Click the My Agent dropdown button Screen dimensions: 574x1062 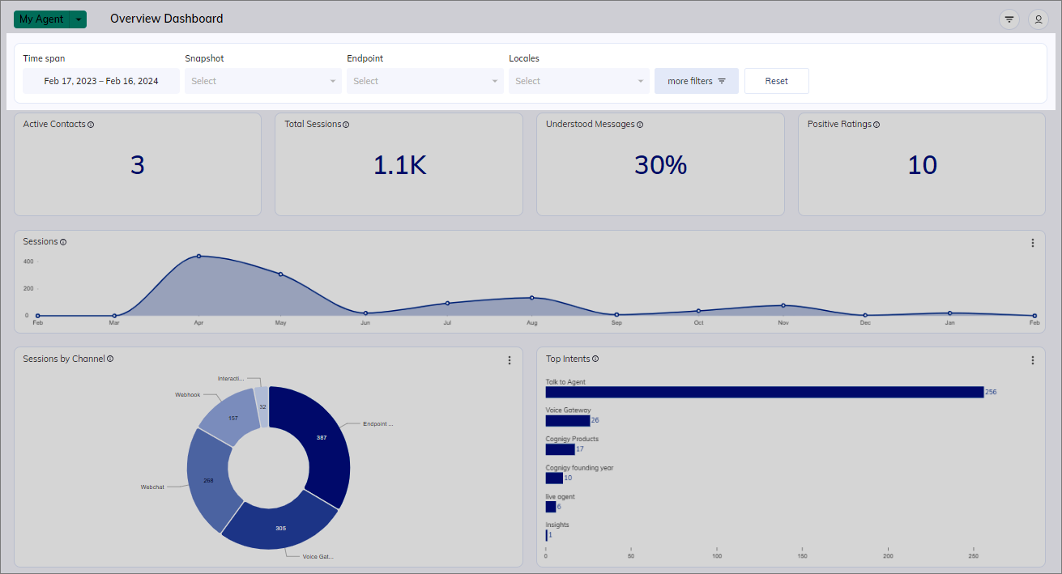click(x=50, y=19)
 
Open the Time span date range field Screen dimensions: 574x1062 click(x=101, y=81)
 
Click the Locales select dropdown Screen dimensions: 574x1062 click(x=579, y=81)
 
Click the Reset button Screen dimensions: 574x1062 click(x=776, y=81)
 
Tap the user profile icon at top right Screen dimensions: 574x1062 click(x=1038, y=19)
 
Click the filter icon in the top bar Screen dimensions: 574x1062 click(x=1009, y=19)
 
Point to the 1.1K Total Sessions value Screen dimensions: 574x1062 click(x=399, y=165)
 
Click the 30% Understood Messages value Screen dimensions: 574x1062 click(x=661, y=165)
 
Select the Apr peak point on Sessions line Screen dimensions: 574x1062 click(x=198, y=257)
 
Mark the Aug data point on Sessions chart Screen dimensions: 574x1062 click(x=531, y=298)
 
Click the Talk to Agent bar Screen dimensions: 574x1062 click(x=764, y=392)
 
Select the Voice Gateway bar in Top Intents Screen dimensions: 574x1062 click(x=567, y=420)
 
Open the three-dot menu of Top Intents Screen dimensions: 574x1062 click(x=1032, y=360)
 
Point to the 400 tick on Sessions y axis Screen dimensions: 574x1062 click(x=28, y=261)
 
